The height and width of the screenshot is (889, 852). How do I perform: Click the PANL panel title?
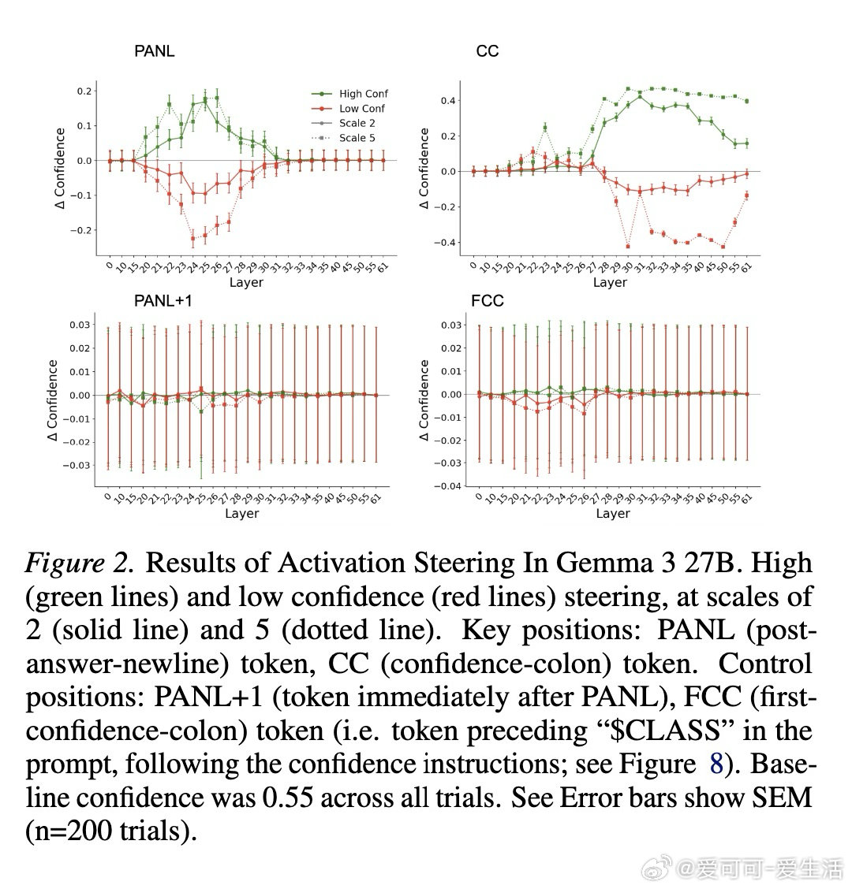(x=154, y=52)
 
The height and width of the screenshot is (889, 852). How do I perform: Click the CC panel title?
(x=488, y=52)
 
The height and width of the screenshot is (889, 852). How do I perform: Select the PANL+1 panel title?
(x=163, y=300)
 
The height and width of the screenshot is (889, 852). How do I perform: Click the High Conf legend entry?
(x=364, y=94)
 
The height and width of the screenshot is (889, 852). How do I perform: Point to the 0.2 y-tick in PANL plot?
(x=84, y=91)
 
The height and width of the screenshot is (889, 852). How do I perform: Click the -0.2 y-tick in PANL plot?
(x=82, y=230)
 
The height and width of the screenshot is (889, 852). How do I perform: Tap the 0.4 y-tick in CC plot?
(x=448, y=101)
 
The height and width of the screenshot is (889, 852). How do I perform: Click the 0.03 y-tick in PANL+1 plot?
(x=79, y=325)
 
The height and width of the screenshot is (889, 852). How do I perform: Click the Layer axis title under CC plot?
(x=610, y=282)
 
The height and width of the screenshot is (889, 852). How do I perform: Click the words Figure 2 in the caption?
(x=77, y=563)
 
